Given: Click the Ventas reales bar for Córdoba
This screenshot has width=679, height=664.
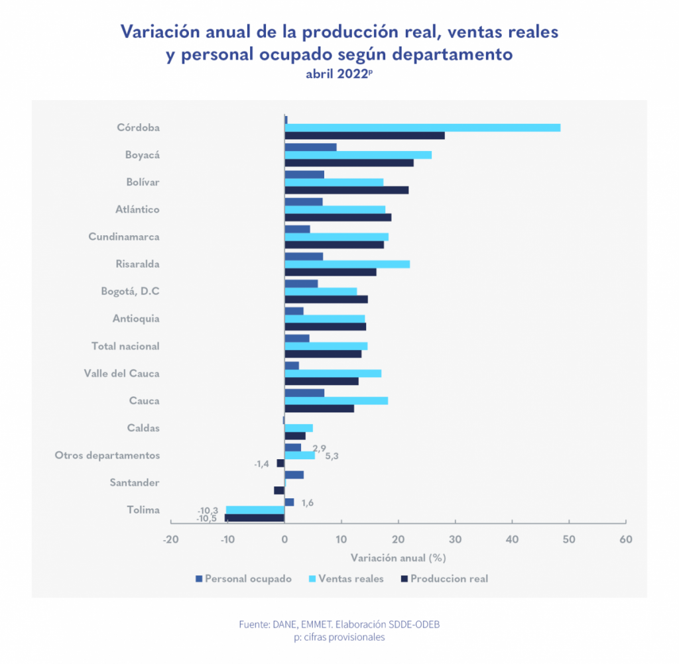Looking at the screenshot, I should [422, 128].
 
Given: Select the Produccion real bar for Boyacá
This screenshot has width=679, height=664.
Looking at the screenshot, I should [349, 163].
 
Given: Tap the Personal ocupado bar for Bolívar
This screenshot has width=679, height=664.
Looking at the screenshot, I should [304, 174].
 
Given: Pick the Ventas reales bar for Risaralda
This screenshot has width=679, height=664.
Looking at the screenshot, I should [347, 264].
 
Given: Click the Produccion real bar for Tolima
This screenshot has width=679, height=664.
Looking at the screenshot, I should [255, 518].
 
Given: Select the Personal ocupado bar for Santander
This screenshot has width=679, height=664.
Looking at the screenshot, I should [294, 474].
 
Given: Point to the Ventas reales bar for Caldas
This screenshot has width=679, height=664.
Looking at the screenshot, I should [298, 428].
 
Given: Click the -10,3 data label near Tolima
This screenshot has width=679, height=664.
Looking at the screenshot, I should [208, 510].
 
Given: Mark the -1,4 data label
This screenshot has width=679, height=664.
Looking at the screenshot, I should [261, 464].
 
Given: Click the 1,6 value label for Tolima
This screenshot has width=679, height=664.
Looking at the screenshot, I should [307, 503].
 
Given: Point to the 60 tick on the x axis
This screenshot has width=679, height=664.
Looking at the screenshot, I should [625, 539].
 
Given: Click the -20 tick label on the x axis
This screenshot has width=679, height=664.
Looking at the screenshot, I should [170, 539].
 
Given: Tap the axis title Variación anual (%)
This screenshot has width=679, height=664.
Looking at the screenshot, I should [398, 557].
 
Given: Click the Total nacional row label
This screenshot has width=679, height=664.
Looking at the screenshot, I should [125, 346].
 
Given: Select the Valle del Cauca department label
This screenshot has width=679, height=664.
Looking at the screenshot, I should [122, 373].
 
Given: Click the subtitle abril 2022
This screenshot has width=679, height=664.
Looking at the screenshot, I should [338, 74].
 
